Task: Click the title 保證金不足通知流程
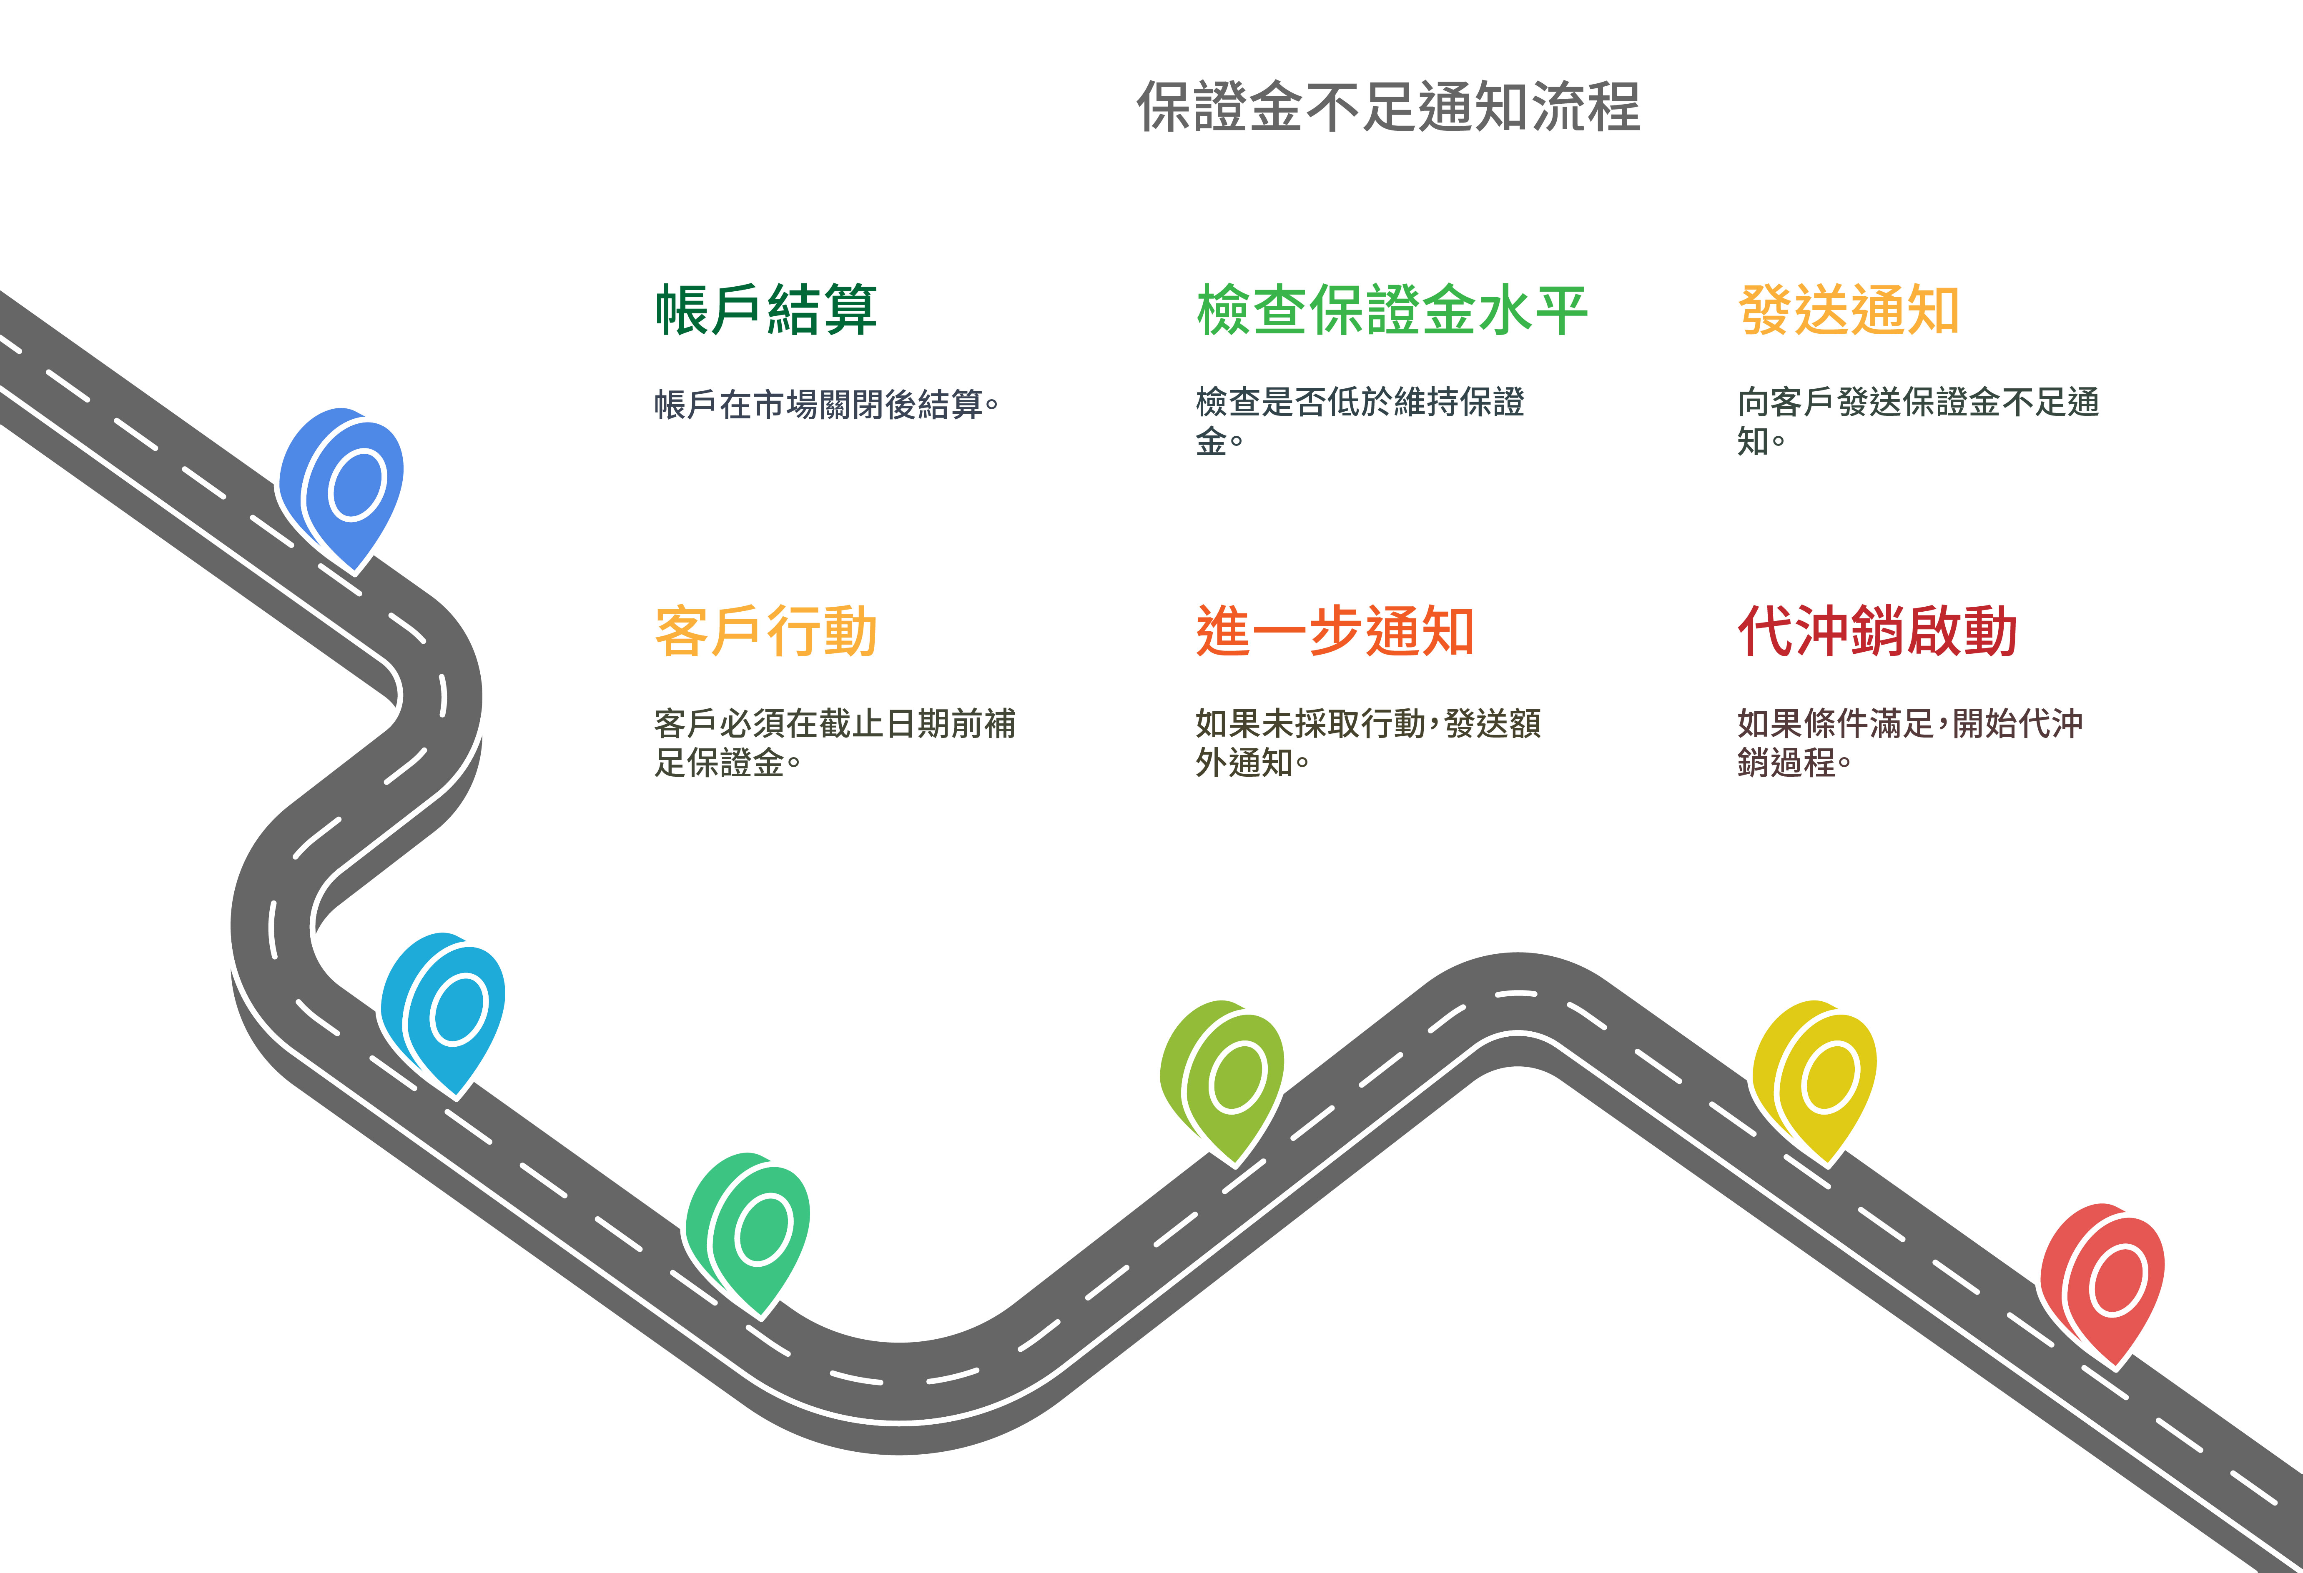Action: pyautogui.click(x=1387, y=107)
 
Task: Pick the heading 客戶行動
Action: pyautogui.click(x=766, y=631)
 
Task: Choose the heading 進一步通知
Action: pyautogui.click(x=1335, y=631)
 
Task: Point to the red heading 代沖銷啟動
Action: pyautogui.click(x=1877, y=631)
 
